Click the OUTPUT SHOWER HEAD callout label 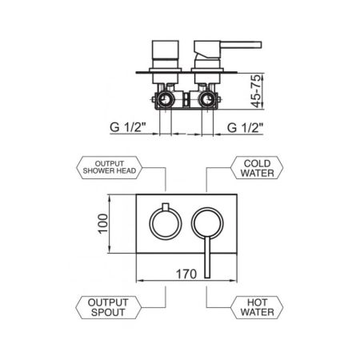pyautogui.click(x=110, y=167)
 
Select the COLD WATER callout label pyautogui.click(x=257, y=168)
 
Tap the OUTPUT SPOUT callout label pyautogui.click(x=108, y=307)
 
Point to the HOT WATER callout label pyautogui.click(x=257, y=307)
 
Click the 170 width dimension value pyautogui.click(x=186, y=274)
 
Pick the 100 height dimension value pyautogui.click(x=103, y=224)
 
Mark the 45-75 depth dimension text pyautogui.click(x=256, y=90)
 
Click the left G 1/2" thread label pyautogui.click(x=128, y=127)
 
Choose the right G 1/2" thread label pyautogui.click(x=246, y=127)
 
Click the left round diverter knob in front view pyautogui.click(x=150, y=223)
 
